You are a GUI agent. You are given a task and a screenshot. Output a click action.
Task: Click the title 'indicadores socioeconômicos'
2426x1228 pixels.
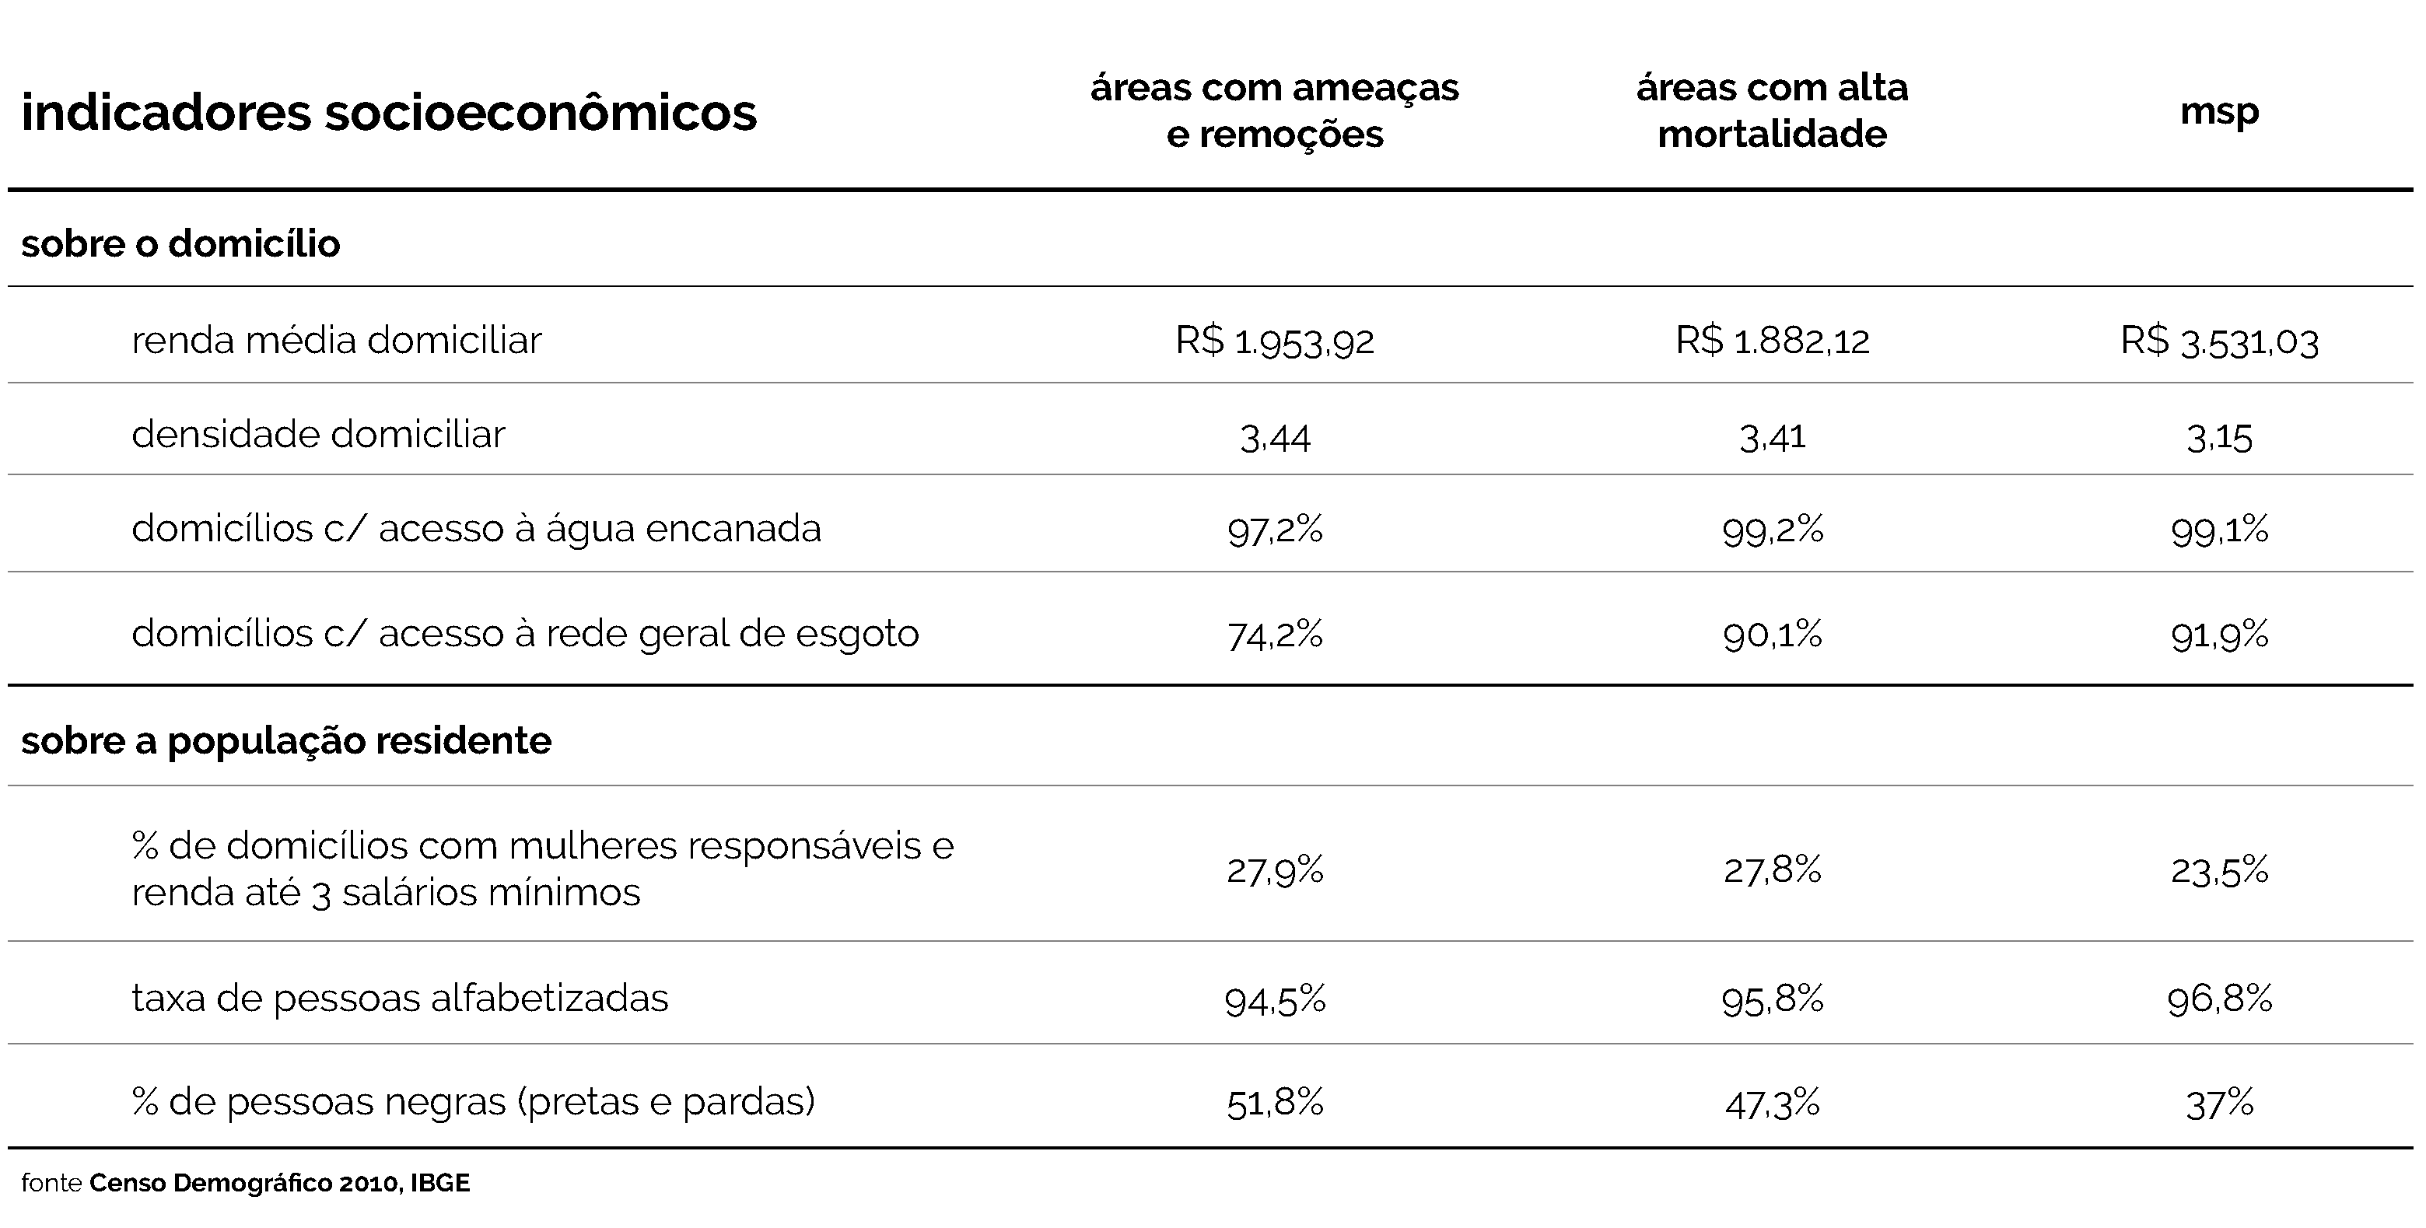pyautogui.click(x=388, y=112)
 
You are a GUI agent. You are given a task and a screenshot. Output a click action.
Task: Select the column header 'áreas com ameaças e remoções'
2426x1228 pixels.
pyautogui.click(x=1274, y=110)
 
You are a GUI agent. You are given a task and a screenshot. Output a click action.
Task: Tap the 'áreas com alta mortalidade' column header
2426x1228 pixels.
pyautogui.click(x=1771, y=110)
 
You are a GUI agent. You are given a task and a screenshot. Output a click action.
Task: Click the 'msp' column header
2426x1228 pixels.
pyautogui.click(x=2219, y=111)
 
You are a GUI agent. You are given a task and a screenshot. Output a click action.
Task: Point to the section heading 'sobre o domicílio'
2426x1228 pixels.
pyautogui.click(x=180, y=244)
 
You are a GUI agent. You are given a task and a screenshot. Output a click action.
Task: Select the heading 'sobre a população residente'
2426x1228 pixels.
pyautogui.click(x=285, y=741)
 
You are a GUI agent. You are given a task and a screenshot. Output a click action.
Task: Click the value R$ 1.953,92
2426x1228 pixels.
pyautogui.click(x=1274, y=341)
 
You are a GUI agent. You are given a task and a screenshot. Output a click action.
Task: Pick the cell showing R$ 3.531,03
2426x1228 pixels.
pyautogui.click(x=2219, y=341)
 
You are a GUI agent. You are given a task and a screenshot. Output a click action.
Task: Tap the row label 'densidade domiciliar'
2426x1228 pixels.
pyautogui.click(x=318, y=434)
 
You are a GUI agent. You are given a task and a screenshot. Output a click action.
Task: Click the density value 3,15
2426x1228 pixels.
pyautogui.click(x=2219, y=438)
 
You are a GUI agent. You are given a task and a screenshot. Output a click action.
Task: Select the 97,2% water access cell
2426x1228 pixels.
pyautogui.click(x=1274, y=530)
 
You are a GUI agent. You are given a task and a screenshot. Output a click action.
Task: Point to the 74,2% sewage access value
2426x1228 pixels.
pyautogui.click(x=1274, y=635)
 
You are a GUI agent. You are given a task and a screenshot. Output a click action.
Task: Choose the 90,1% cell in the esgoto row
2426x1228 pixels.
pyautogui.click(x=1771, y=635)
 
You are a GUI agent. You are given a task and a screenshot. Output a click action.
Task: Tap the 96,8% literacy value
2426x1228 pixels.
pyautogui.click(x=2219, y=999)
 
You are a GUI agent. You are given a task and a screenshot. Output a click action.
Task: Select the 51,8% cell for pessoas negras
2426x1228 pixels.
pyautogui.click(x=1274, y=1102)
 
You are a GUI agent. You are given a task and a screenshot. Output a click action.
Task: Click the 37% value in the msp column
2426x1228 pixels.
pyautogui.click(x=2219, y=1102)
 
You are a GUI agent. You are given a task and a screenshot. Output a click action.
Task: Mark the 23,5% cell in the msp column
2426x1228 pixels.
pyautogui.click(x=2219, y=870)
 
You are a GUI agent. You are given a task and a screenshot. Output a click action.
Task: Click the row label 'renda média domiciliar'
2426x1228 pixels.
pyautogui.click(x=336, y=340)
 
